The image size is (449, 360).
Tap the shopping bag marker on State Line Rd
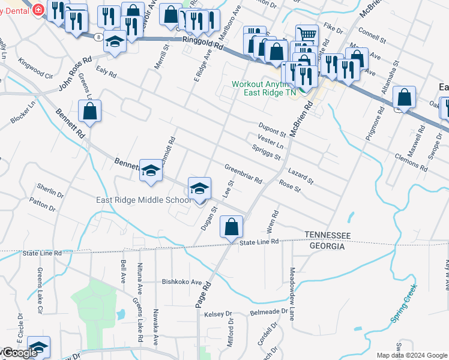point(231,227)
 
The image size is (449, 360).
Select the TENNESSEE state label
point(327,235)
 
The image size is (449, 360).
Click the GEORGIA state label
point(327,246)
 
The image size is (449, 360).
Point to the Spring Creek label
point(403,305)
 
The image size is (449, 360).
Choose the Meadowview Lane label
point(292,293)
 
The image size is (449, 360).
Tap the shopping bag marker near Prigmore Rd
point(405,98)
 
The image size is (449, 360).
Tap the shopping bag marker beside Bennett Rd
point(89,111)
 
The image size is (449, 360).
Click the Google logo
point(19,353)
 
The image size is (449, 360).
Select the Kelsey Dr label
point(218,314)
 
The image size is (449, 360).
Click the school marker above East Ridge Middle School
point(200,188)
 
